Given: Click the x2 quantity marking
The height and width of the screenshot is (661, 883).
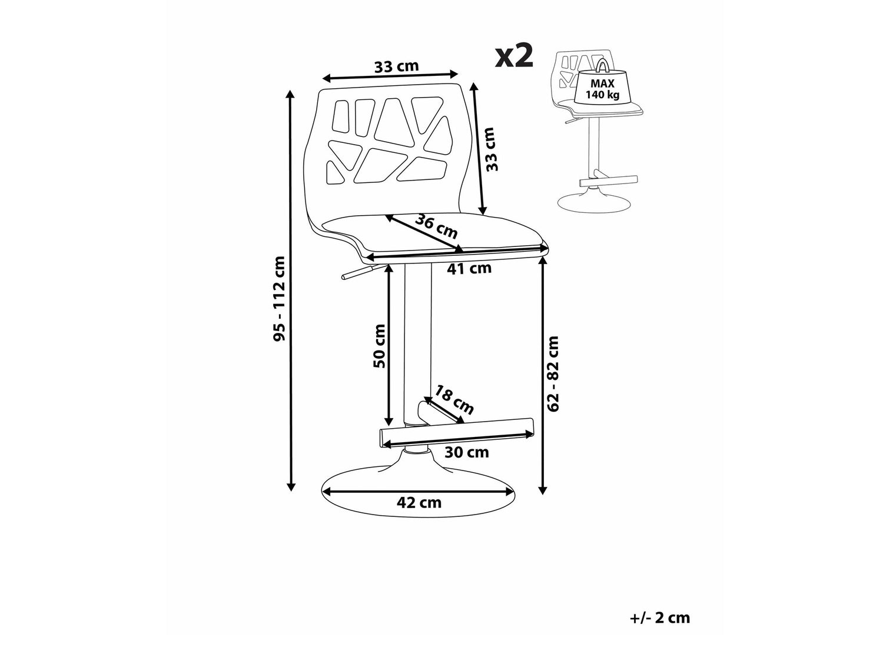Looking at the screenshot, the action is click(514, 56).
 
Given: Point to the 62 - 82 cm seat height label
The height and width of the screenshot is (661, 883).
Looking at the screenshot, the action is click(553, 373).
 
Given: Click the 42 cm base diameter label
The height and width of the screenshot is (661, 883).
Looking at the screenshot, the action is click(419, 502).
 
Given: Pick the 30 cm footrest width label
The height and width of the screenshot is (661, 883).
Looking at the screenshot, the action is click(467, 452).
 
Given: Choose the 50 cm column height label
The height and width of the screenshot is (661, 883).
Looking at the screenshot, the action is click(379, 346).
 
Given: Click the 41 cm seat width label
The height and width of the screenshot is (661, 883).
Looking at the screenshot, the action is click(469, 268).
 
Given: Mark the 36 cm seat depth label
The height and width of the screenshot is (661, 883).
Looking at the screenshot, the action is click(437, 226).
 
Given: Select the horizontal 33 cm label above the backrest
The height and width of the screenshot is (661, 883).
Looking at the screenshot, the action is click(396, 66).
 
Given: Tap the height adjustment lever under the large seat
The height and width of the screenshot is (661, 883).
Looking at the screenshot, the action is click(358, 272).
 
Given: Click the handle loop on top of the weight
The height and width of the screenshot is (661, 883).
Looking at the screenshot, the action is click(602, 66).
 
